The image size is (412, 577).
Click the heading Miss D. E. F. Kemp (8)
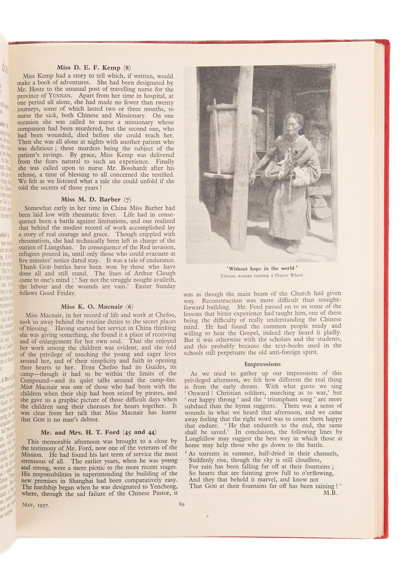pos(94,68)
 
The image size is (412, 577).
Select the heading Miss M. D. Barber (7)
pos(96,199)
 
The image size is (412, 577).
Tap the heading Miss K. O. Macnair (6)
pos(97,307)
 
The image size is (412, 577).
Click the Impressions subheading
pos(262,364)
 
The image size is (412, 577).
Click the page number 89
pos(182,504)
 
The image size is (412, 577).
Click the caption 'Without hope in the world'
pos(261,268)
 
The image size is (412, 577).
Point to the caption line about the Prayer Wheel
pos(261,276)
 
